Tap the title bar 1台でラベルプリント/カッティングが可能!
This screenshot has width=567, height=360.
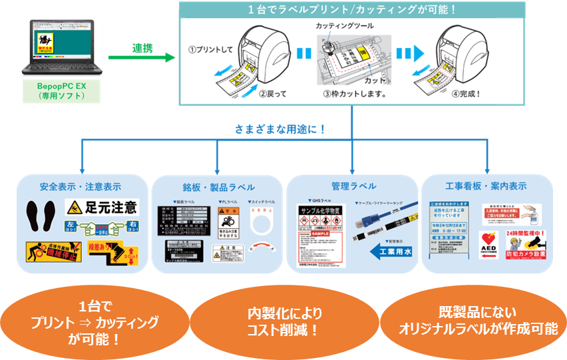[352, 10]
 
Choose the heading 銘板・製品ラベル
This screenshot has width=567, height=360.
[218, 187]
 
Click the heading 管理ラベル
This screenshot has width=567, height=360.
[353, 186]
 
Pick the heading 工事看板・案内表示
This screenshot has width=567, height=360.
[488, 186]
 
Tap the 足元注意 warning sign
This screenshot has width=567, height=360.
[102, 207]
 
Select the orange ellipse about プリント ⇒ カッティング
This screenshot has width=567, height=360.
[94, 321]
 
